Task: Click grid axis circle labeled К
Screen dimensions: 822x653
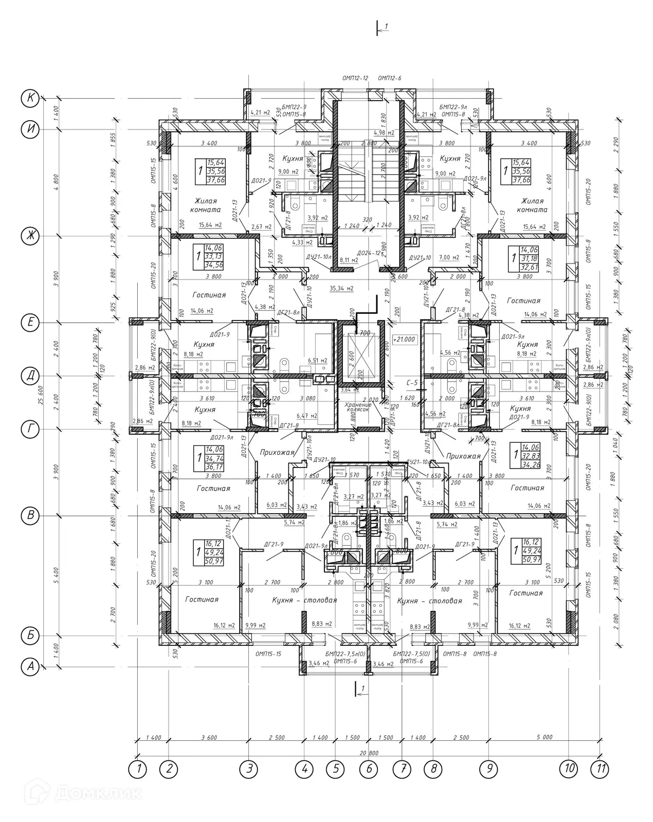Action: pos(31,98)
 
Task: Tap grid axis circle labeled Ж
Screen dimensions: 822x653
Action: pos(31,236)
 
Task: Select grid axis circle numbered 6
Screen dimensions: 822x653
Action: pos(369,770)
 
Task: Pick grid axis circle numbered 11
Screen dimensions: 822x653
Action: pos(599,770)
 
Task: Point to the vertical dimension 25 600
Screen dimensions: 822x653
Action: pos(42,382)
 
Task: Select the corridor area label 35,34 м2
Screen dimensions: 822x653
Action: pos(341,288)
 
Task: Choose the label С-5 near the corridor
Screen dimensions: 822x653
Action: pos(412,383)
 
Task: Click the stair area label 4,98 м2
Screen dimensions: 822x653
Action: pos(383,133)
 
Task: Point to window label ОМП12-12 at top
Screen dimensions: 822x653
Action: pos(355,78)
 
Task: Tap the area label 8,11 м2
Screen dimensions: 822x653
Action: pos(349,260)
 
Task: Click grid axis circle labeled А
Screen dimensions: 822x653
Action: pos(31,667)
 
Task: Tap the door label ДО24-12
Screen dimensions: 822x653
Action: pos(370,253)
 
